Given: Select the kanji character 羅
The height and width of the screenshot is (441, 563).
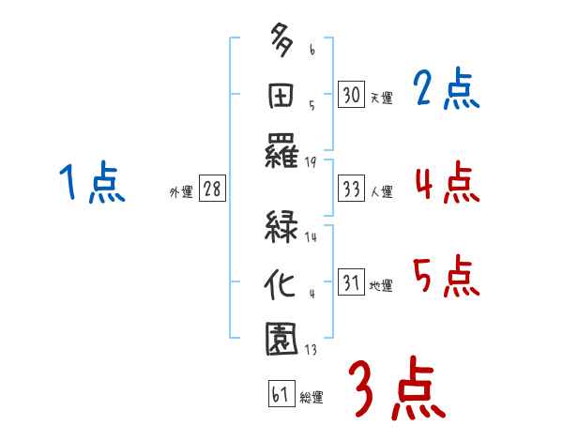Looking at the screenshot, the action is coord(281,149).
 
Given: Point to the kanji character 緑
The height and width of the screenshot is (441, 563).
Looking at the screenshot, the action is coord(281,228).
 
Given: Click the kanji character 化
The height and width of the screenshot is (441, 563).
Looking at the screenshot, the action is coord(281,281).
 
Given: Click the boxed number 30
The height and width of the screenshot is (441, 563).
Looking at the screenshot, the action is coord(351,95).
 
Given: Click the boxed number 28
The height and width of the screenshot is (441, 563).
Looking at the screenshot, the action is coord(212,190).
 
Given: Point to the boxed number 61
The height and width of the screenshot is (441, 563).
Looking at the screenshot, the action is coord(280,395).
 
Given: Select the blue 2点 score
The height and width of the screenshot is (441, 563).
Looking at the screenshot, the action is coord(446,90).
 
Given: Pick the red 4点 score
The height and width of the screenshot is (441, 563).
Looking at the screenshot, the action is coord(447,182).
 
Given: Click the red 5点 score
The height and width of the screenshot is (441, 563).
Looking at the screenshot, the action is coord(447,276).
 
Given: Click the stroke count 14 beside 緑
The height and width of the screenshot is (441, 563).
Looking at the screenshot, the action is coord(310,238).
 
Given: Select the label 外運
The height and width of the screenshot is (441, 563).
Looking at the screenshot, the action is coord(181,192).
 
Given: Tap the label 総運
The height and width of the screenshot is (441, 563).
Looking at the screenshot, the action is coord(312,398).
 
